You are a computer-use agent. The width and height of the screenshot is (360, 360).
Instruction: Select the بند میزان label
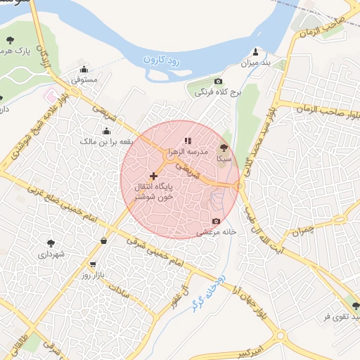pos(256,63)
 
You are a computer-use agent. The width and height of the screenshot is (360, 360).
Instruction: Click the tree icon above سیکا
pos(224,148)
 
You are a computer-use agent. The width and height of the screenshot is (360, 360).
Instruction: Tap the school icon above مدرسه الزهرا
pos(188,141)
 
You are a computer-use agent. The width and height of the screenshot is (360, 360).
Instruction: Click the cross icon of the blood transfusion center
pos(154,175)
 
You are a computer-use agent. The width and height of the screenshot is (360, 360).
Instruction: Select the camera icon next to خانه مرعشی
pos(216,221)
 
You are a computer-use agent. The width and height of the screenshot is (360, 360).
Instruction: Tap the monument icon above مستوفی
pos(84,70)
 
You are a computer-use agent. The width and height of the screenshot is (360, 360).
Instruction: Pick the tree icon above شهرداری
pos(51,243)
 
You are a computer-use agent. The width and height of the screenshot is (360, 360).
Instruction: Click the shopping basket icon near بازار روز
pos(104,241)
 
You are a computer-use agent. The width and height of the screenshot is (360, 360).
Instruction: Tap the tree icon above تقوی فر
pos(356,306)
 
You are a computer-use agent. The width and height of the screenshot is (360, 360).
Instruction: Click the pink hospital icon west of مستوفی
pos(49,94)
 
